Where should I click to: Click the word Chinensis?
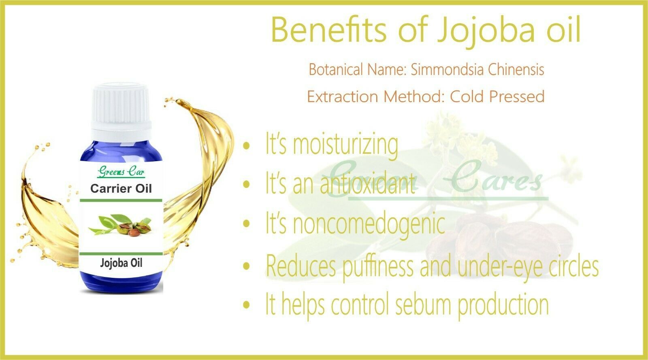point(516,69)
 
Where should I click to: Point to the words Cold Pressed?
point(497,96)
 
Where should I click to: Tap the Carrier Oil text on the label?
point(121,189)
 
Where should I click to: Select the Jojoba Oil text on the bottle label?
point(121,263)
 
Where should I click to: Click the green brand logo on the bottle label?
point(121,172)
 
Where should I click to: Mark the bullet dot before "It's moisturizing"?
point(246,146)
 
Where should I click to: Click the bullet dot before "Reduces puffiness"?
point(246,266)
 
